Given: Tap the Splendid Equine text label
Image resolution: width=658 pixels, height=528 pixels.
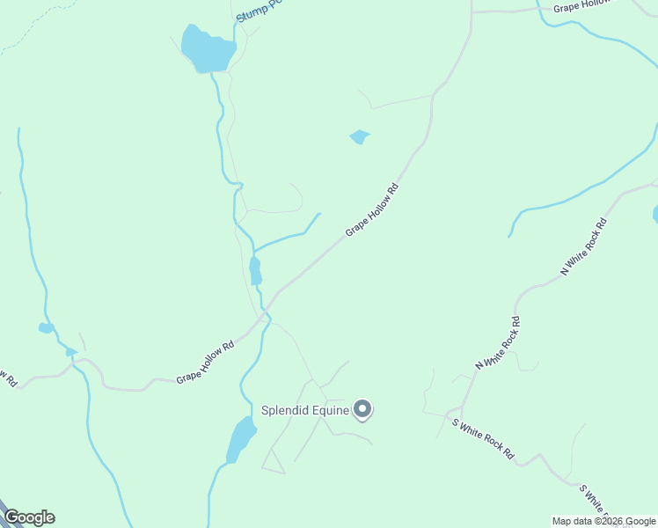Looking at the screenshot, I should pos(305,409).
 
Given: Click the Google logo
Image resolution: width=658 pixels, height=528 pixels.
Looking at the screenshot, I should pos(28,517).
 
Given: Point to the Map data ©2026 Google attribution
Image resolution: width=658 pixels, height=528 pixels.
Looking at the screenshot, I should pos(603,521).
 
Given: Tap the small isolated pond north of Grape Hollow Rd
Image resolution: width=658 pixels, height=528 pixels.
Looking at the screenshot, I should pos(359,136).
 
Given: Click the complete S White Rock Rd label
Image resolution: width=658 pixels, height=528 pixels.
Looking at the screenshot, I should pos(483,438).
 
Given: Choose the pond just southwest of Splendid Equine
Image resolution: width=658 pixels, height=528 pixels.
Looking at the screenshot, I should pos(240,438).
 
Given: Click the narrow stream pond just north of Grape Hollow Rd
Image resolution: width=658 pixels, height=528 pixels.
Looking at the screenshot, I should pos(255,270).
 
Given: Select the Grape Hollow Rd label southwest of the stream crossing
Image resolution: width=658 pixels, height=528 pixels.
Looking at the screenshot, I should pos(205,362).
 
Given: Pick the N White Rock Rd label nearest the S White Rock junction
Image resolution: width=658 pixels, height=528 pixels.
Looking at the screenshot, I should pos(498,342).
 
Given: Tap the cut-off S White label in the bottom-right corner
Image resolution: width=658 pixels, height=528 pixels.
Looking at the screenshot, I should pos(595,500).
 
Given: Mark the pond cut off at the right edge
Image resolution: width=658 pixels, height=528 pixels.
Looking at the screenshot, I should pos(655,214).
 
